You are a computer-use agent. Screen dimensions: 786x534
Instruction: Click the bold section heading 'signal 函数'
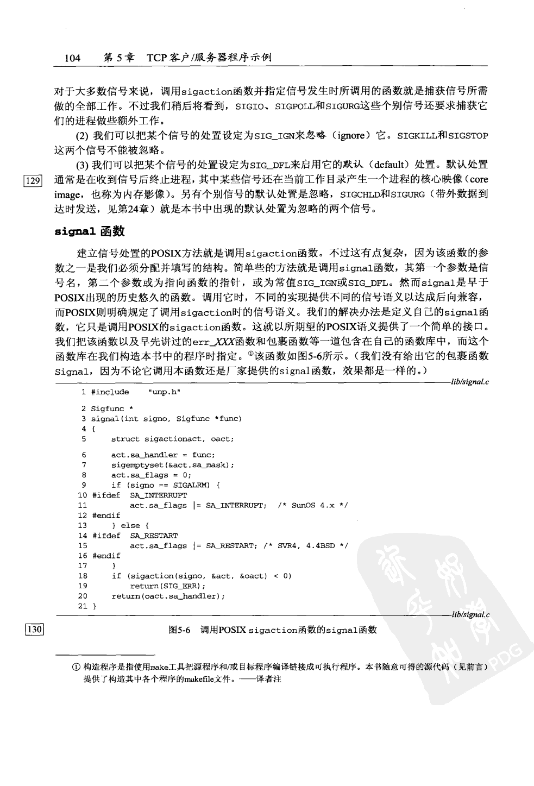[90, 231]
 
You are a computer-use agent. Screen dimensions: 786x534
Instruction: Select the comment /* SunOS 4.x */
[312, 505]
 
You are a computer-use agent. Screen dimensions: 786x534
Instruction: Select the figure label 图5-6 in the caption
[179, 630]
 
